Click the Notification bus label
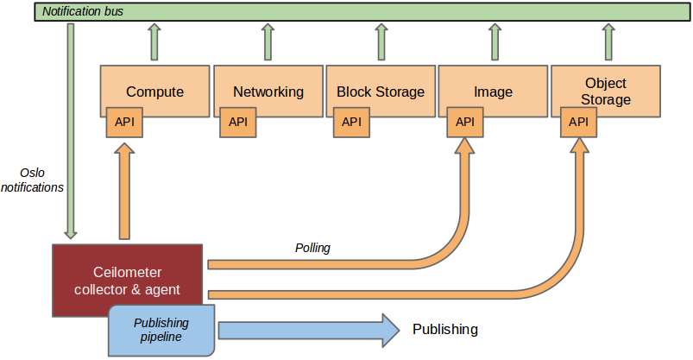pos(83,11)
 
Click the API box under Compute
pos(124,122)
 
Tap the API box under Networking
pos(238,122)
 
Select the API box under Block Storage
pos(351,122)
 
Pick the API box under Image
pos(465,122)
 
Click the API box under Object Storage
pos(578,122)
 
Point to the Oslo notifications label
pos(32,179)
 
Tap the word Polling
pos(312,248)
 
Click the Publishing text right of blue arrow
pos(444,330)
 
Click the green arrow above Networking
pos(268,41)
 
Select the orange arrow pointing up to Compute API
pos(124,190)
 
